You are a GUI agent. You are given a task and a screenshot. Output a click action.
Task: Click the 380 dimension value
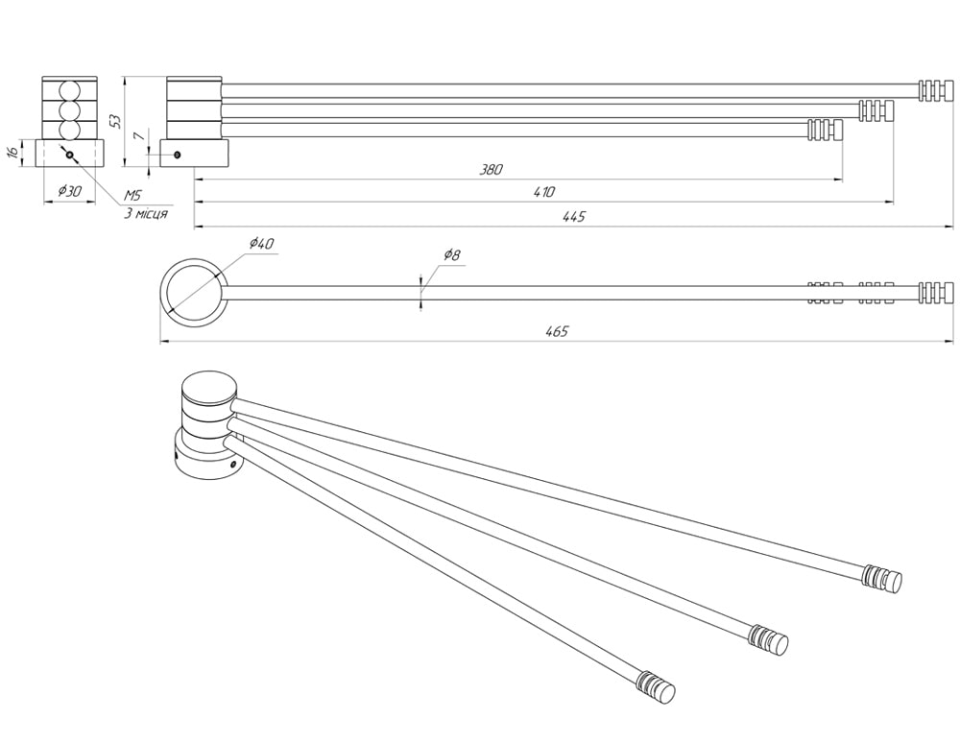tap(492, 169)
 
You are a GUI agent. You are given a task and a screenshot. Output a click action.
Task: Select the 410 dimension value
tap(544, 192)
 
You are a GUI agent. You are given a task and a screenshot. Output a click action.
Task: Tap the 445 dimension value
tap(574, 217)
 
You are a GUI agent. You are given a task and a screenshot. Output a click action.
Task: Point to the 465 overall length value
tap(558, 331)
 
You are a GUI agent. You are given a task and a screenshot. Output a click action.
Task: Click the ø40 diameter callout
tap(261, 244)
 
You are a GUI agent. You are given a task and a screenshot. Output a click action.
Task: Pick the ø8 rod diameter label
tap(452, 254)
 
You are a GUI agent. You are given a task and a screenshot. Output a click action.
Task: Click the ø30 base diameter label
tap(70, 191)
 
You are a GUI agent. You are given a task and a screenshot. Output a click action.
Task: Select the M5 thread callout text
tap(132, 196)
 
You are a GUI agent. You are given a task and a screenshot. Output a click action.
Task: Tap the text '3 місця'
tap(146, 213)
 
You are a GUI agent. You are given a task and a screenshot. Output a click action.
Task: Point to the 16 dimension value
tap(12, 153)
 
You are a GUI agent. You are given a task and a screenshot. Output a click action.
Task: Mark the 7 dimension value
tap(139, 137)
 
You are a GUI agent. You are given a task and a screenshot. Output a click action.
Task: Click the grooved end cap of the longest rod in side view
tap(936, 90)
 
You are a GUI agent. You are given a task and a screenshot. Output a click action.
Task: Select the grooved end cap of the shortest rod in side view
tap(825, 129)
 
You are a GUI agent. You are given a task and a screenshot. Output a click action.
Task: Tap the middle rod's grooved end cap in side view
tap(876, 109)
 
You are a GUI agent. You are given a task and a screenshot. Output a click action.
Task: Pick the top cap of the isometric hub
tap(208, 389)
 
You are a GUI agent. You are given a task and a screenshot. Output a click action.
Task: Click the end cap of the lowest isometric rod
tap(656, 686)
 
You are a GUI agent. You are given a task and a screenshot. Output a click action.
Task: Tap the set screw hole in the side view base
tap(177, 155)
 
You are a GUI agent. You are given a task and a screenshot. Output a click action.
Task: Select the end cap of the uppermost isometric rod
tap(883, 578)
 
